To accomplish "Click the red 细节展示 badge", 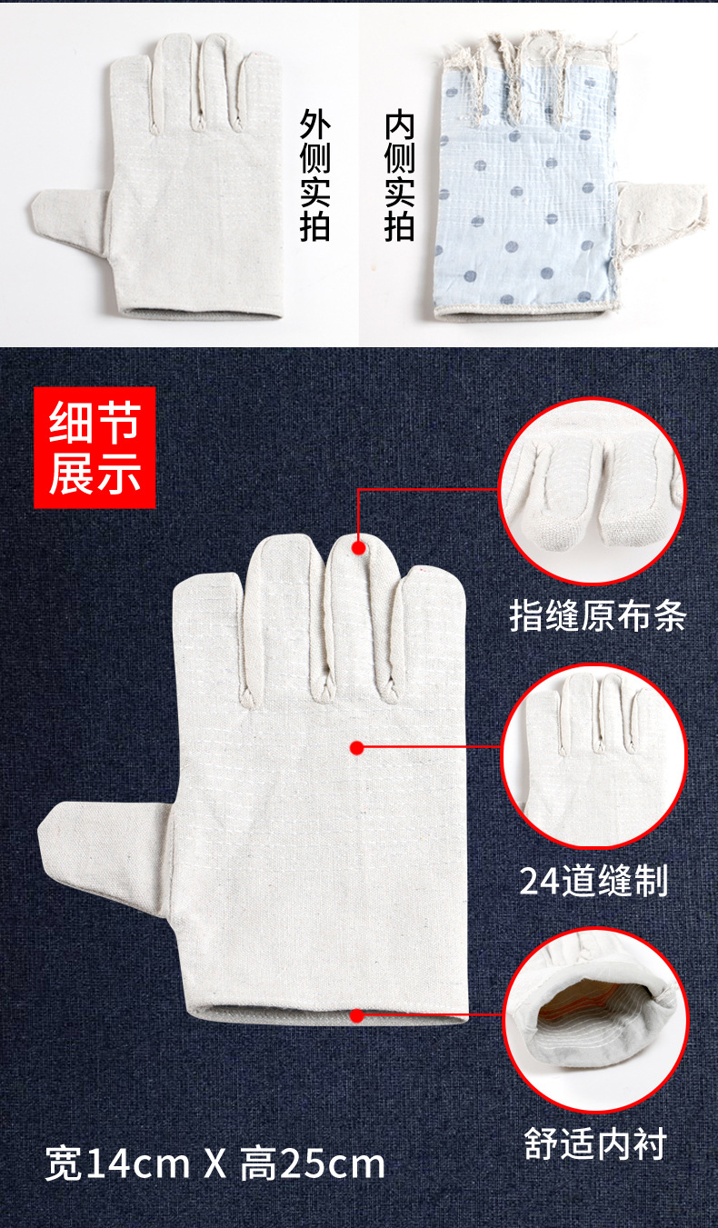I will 95,447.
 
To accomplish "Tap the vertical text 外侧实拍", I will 314,177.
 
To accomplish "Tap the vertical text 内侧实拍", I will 399,177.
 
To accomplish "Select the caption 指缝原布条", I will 597,616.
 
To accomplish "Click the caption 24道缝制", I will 593,880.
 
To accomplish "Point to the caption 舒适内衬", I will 595,1143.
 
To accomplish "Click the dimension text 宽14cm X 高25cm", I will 215,1164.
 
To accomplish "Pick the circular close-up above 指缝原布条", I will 592,492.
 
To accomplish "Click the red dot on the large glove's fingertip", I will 359,548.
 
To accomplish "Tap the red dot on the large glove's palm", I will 357,748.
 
